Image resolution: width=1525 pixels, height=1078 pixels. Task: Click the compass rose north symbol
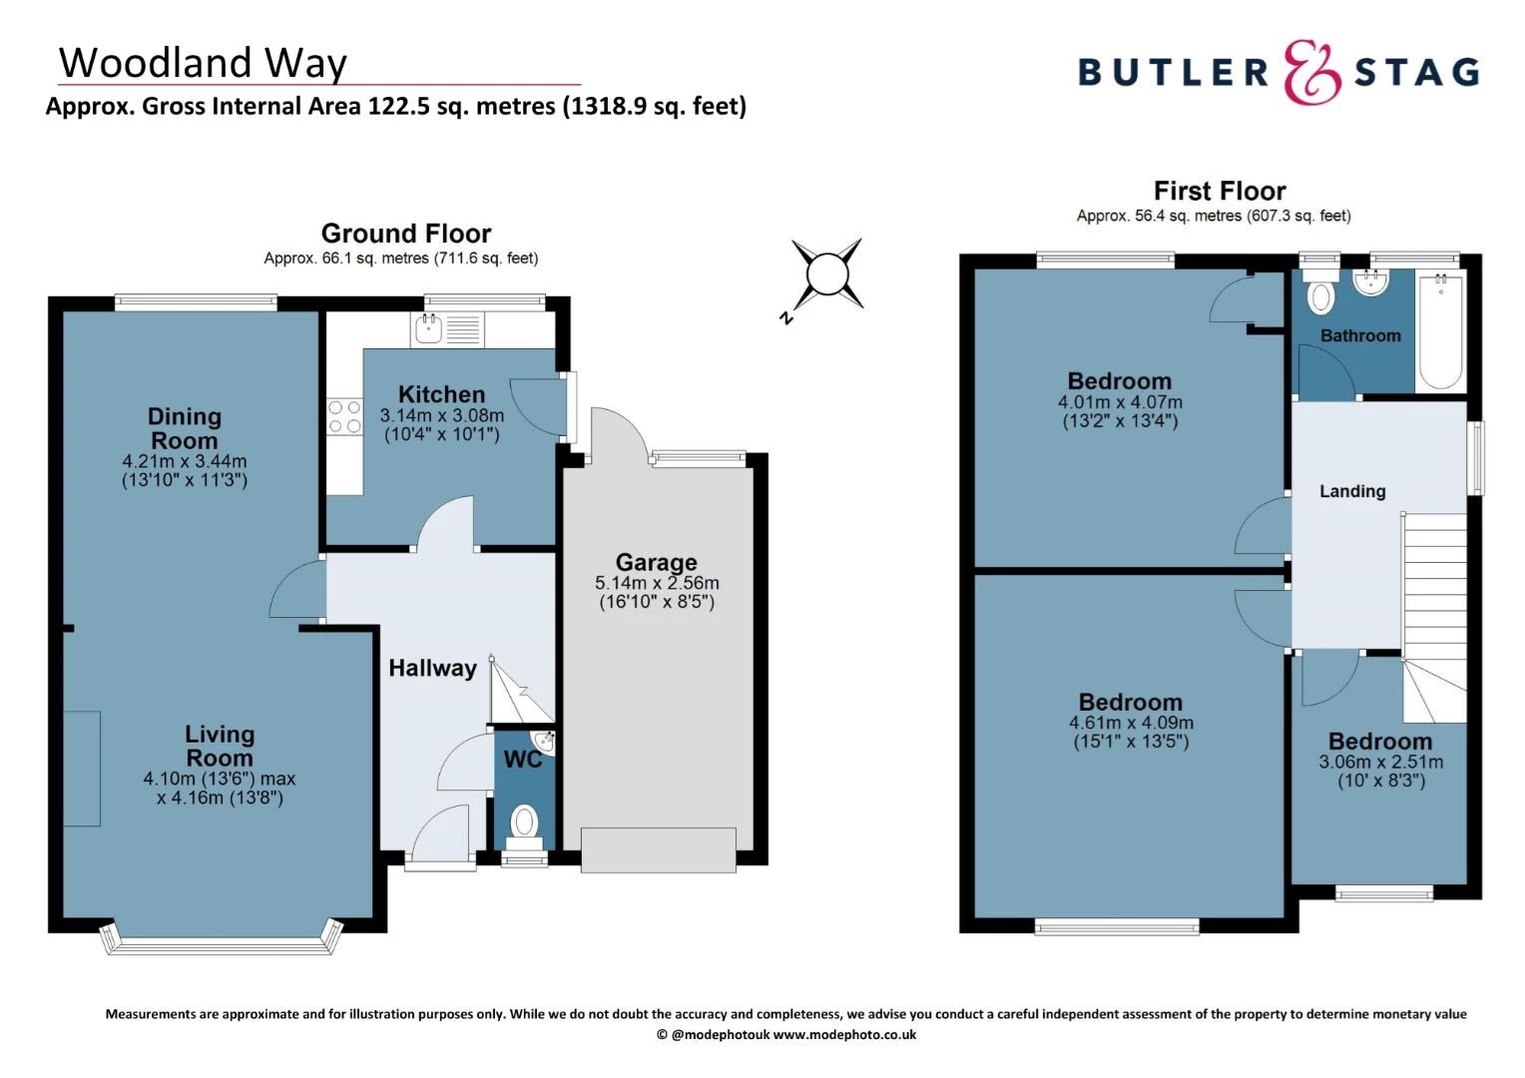pyautogui.click(x=827, y=274)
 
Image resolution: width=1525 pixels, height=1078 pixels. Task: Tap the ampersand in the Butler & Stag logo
pyautogui.click(x=1311, y=72)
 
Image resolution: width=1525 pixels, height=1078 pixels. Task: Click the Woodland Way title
pyautogui.click(x=203, y=62)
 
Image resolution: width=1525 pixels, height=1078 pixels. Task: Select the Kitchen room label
pyautogui.click(x=441, y=394)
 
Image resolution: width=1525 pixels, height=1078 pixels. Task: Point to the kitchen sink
pyautogui.click(x=430, y=327)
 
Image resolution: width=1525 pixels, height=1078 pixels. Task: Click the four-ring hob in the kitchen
pyautogui.click(x=344, y=416)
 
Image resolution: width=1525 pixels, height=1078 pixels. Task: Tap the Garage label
pyautogui.click(x=656, y=562)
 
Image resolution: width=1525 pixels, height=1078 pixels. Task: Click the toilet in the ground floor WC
pyautogui.click(x=524, y=825)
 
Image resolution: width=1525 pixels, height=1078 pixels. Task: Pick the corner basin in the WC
pyautogui.click(x=544, y=742)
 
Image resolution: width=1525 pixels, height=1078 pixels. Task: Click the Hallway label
pyautogui.click(x=432, y=668)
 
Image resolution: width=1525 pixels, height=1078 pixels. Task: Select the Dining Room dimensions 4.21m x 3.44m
pyautogui.click(x=184, y=461)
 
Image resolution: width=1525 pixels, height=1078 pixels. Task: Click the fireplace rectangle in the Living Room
pyautogui.click(x=83, y=768)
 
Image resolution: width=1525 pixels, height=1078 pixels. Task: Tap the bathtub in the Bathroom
pyautogui.click(x=1439, y=331)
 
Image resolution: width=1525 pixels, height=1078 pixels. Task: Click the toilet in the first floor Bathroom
pyautogui.click(x=1321, y=295)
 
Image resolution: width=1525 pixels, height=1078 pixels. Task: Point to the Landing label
pyautogui.click(x=1352, y=491)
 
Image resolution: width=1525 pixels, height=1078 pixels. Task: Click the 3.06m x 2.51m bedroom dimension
pyautogui.click(x=1380, y=762)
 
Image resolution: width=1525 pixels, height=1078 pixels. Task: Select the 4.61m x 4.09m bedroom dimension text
pyautogui.click(x=1131, y=723)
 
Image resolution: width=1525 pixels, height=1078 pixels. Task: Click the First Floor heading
pyautogui.click(x=1219, y=191)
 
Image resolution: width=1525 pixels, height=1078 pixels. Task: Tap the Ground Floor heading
pyautogui.click(x=406, y=234)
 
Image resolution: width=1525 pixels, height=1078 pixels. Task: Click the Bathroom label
pyautogui.click(x=1359, y=336)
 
